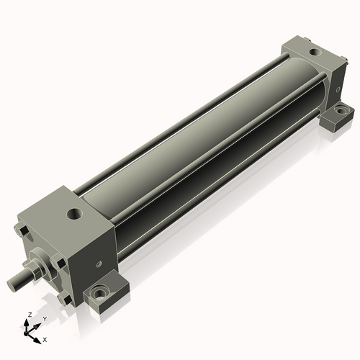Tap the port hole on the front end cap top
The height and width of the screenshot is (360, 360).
(x=75, y=213)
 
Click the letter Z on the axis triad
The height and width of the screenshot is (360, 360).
(x=28, y=315)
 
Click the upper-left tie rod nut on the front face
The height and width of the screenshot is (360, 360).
(x=24, y=232)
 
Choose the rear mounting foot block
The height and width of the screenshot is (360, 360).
(x=338, y=116)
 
